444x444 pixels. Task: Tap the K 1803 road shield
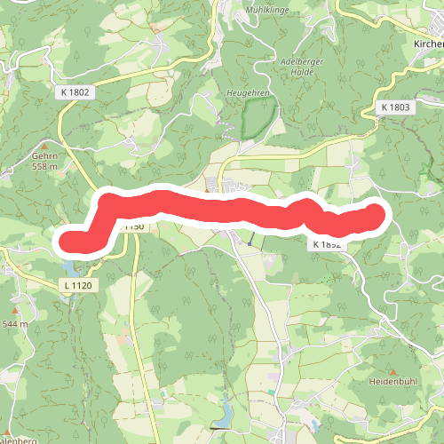click(395, 107)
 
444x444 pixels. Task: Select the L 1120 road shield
click(78, 285)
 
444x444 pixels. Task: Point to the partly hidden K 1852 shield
click(327, 242)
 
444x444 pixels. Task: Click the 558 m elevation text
click(44, 166)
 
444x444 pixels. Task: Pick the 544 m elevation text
click(15, 324)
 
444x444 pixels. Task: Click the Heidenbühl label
click(392, 381)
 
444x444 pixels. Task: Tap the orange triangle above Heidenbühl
click(392, 370)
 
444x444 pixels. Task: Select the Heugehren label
click(249, 92)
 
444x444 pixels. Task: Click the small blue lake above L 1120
click(70, 268)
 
